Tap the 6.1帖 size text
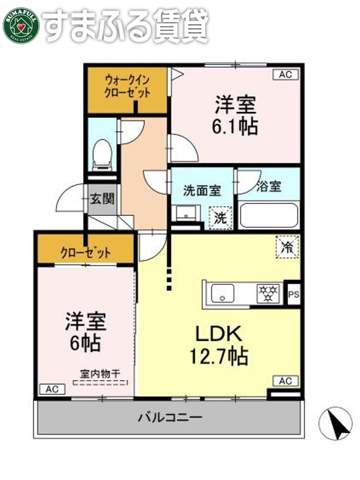236,126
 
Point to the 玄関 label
103,198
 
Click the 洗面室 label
202,190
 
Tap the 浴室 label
269,188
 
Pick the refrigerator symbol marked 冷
287,247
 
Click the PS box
292,293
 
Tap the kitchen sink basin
222,293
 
